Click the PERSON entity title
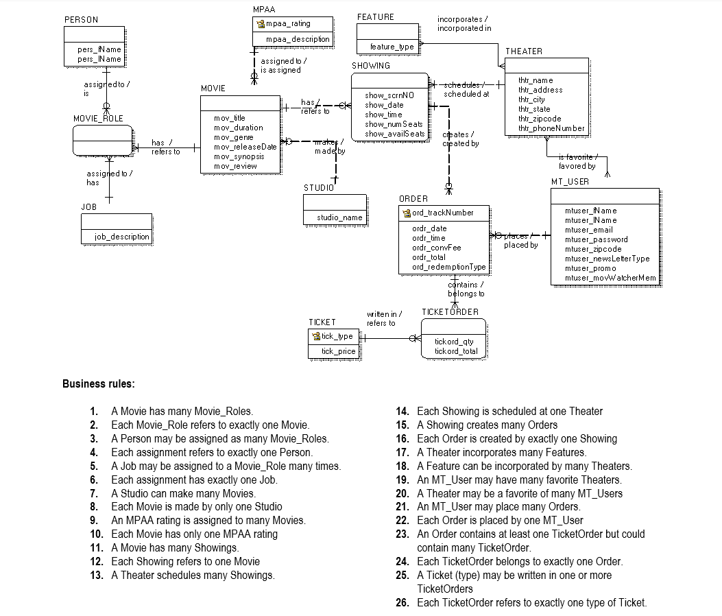pyautogui.click(x=81, y=20)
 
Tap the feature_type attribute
pyautogui.click(x=392, y=47)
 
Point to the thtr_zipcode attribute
pyautogui.click(x=540, y=119)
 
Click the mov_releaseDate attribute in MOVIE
pyautogui.click(x=245, y=147)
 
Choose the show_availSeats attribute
pyautogui.click(x=394, y=134)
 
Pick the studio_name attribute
pyautogui.click(x=339, y=217)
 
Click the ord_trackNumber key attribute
pyautogui.click(x=442, y=213)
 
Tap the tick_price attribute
pyautogui.click(x=338, y=351)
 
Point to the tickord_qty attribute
pyautogui.click(x=454, y=342)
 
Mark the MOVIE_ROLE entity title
pyautogui.click(x=98, y=119)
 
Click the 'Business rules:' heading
pyautogui.click(x=99, y=383)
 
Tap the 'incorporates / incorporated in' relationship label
pyautogui.click(x=464, y=24)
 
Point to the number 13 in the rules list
pyautogui.click(x=97, y=575)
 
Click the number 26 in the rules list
pyautogui.click(x=402, y=602)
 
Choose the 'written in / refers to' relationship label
pyautogui.click(x=383, y=318)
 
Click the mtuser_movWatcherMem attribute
pyautogui.click(x=610, y=278)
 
